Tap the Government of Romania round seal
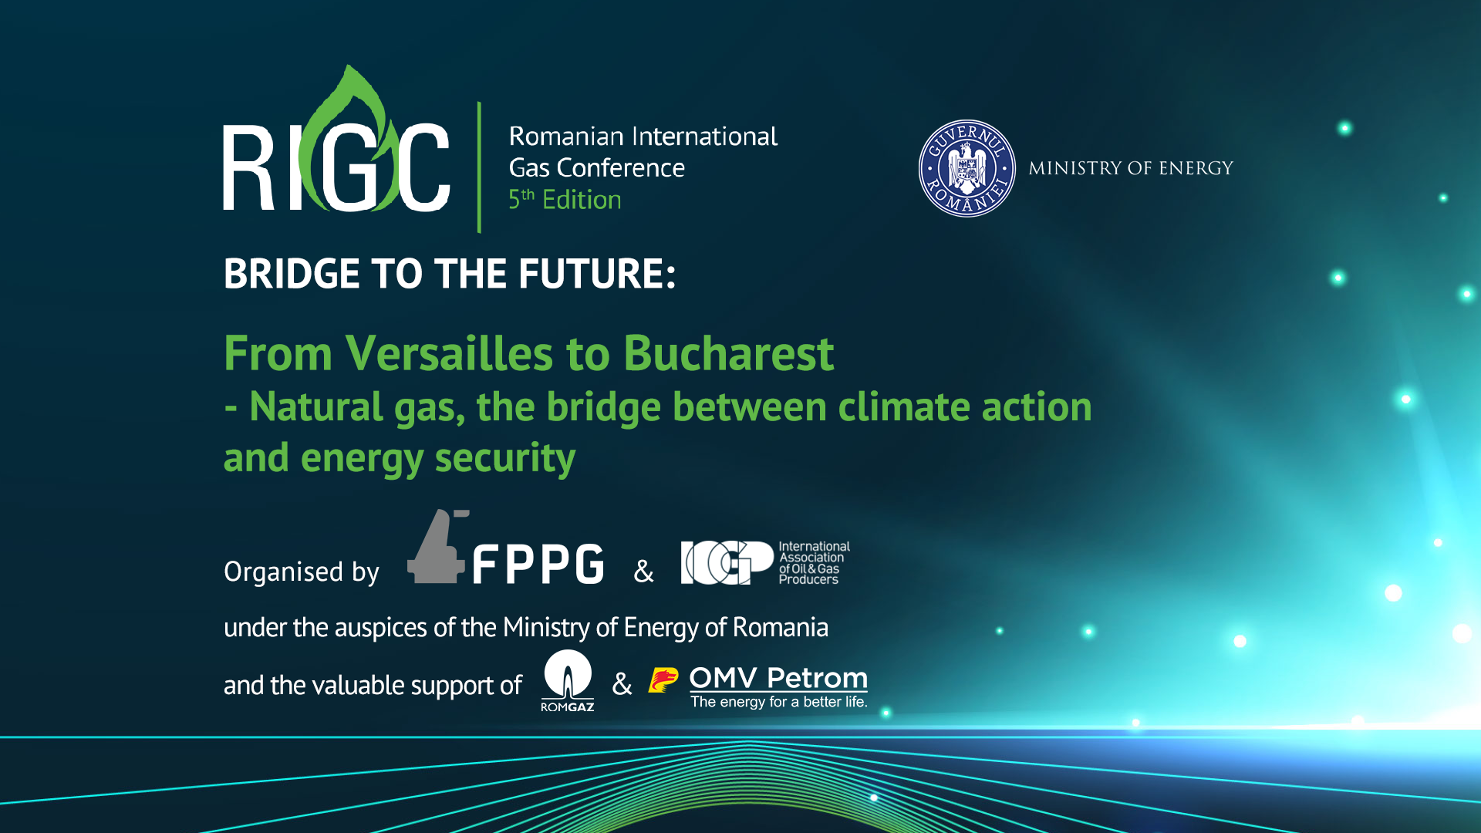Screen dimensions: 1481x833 pyautogui.click(x=967, y=168)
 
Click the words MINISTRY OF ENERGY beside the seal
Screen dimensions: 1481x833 pyautogui.click(x=1131, y=168)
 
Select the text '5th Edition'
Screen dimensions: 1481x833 pyautogui.click(x=565, y=199)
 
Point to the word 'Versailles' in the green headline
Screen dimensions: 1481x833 pyautogui.click(x=449, y=354)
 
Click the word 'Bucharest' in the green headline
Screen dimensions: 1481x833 pyautogui.click(x=728, y=354)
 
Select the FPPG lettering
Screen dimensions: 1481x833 pyautogui.click(x=538, y=564)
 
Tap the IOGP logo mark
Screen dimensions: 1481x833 pyautogui.click(x=727, y=562)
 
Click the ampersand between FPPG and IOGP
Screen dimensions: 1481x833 pyautogui.click(x=643, y=572)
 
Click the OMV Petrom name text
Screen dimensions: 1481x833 pyautogui.click(x=778, y=678)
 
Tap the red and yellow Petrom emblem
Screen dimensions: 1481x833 pyautogui.click(x=663, y=680)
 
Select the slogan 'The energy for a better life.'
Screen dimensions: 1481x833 pyautogui.click(x=779, y=702)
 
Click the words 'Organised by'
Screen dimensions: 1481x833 pyautogui.click(x=302, y=572)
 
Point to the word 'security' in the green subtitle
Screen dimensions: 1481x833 pyautogui.click(x=505, y=458)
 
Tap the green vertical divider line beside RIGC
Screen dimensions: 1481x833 pyautogui.click(x=479, y=167)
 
